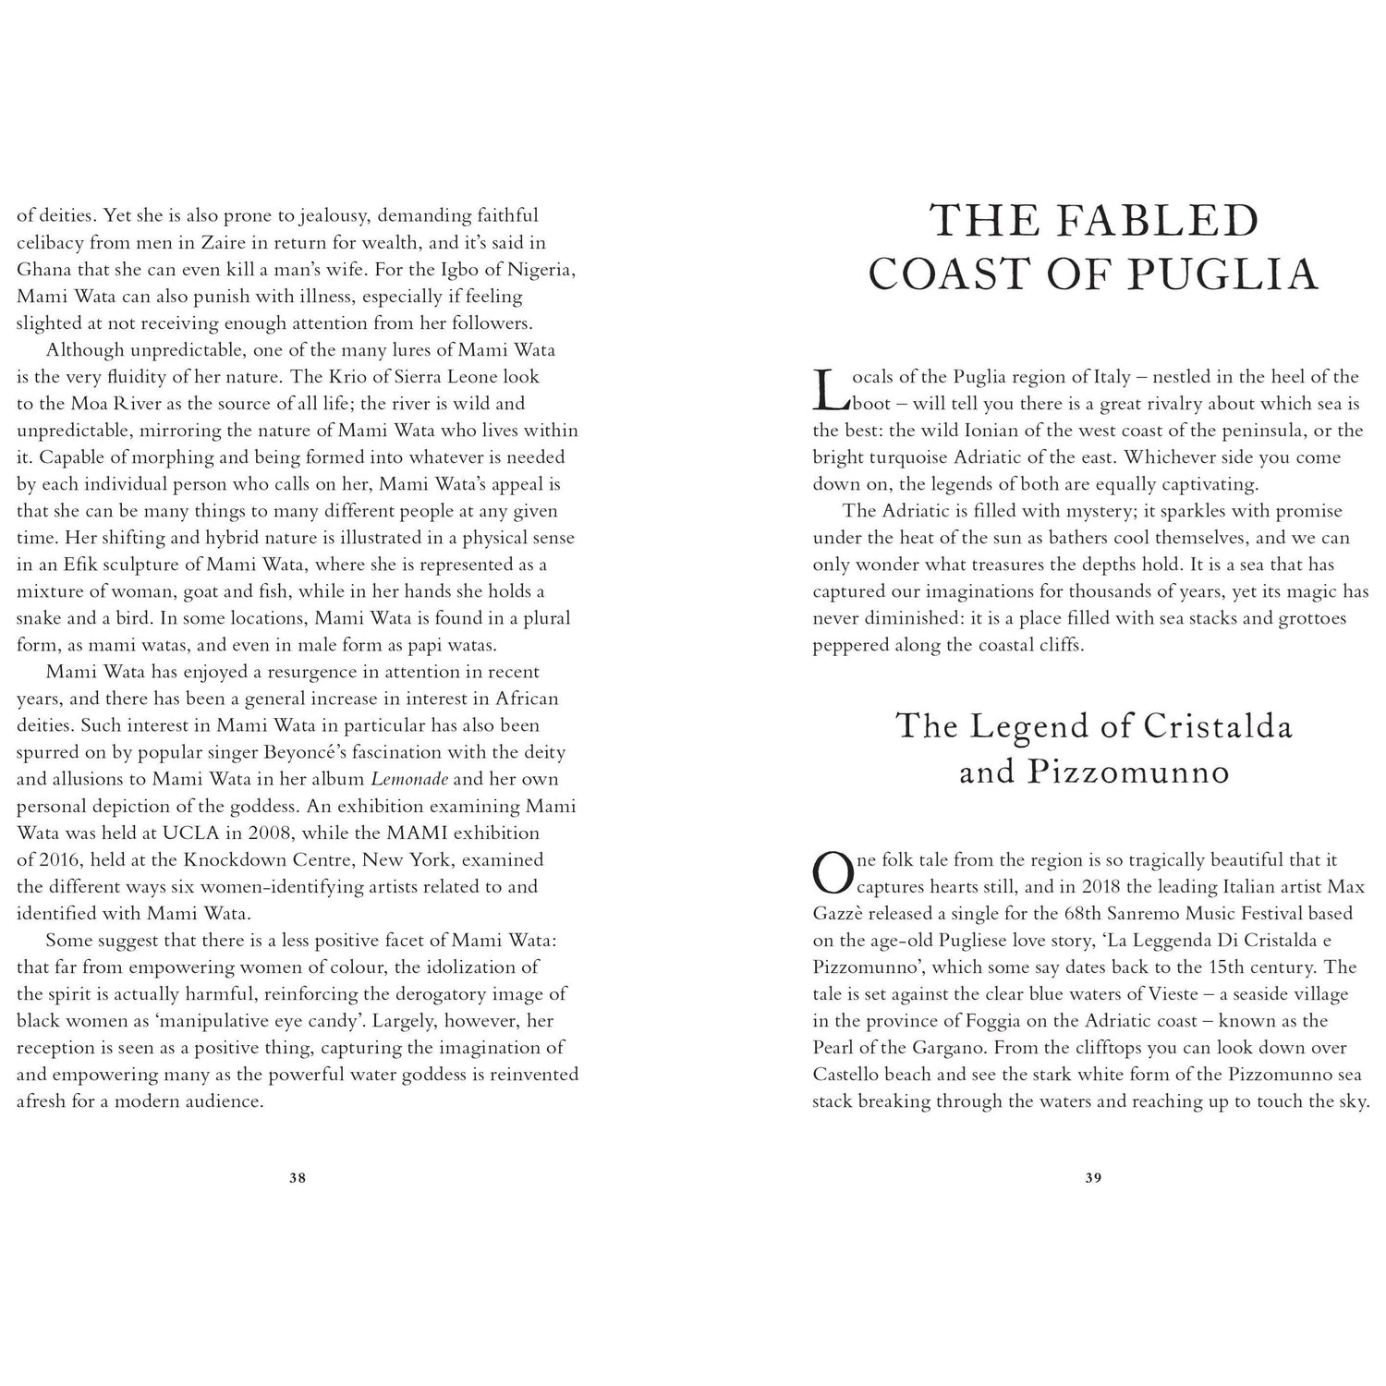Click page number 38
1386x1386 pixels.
(297, 1178)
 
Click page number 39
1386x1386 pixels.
(1093, 1178)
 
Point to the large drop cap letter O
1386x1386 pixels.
(832, 873)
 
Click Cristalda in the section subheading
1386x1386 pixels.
(1218, 726)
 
